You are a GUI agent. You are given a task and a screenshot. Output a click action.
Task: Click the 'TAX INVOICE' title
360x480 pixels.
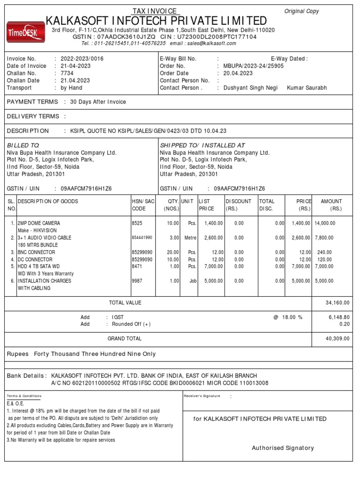tap(155, 11)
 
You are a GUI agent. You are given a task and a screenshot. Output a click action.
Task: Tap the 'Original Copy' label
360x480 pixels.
tap(301, 11)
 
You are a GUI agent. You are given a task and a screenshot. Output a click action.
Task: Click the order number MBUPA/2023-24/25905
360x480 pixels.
tap(254, 66)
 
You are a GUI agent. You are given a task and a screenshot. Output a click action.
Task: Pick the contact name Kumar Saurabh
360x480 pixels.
tap(307, 88)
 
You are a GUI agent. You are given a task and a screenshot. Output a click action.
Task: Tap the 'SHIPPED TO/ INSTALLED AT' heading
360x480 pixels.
tap(202, 145)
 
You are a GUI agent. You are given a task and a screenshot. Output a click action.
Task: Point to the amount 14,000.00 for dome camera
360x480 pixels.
tap(325, 224)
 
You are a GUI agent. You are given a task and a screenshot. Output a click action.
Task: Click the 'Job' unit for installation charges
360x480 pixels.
tap(192, 281)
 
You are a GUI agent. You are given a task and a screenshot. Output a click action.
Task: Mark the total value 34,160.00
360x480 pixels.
tap(337, 303)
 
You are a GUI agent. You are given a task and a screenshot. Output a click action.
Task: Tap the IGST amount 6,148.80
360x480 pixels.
tap(339, 317)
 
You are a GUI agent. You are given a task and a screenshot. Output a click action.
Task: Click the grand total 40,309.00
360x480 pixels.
tap(337, 338)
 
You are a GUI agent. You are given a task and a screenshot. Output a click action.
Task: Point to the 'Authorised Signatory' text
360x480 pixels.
tap(283, 448)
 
